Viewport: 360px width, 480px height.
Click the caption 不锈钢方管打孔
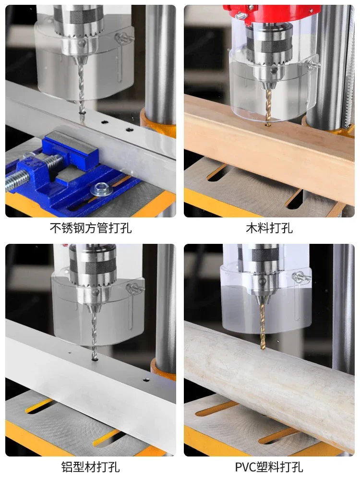91,228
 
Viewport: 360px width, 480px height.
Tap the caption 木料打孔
269,228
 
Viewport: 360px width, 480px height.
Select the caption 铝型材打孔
91,467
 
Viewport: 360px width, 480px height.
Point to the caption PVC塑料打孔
269,467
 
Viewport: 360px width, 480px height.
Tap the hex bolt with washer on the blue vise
101,190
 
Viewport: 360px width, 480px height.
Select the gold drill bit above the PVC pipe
263,325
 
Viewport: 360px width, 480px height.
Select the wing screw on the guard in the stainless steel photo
124,38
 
